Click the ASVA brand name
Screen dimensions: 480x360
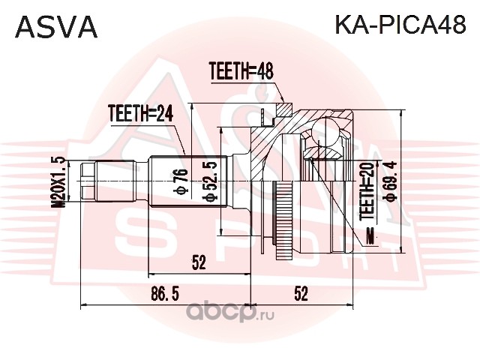[56, 27]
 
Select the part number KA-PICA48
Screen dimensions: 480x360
[400, 25]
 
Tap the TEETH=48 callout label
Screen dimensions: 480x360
[241, 71]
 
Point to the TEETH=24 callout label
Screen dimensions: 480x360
[140, 113]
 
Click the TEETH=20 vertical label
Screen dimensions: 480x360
[367, 191]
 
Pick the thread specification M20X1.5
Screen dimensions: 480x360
[58, 182]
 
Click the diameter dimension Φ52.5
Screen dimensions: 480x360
[210, 182]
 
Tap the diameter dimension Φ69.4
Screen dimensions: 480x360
[391, 181]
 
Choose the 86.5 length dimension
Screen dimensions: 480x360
[165, 295]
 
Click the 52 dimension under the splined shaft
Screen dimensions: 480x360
[199, 262]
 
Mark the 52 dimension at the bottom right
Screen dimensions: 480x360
[301, 294]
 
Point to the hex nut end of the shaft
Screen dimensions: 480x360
[88, 181]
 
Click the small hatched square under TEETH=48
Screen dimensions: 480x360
[285, 109]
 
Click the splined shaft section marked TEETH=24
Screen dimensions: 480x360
[188, 181]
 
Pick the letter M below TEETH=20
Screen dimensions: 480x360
[370, 238]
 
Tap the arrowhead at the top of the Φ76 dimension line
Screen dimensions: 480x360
[192, 106]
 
